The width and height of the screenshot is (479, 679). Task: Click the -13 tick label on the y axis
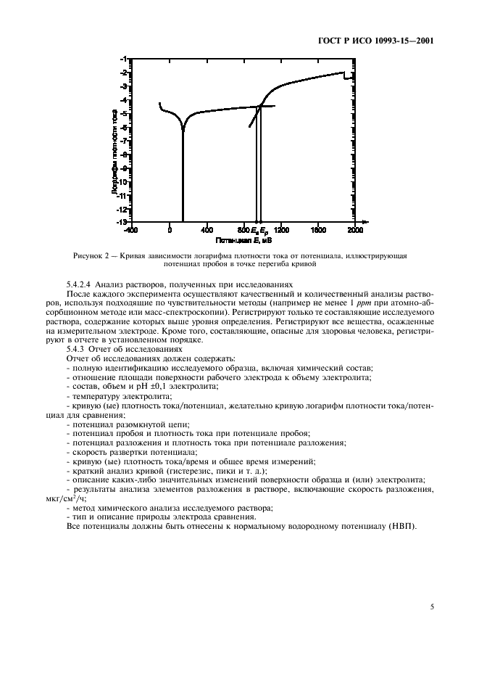[x=125, y=221]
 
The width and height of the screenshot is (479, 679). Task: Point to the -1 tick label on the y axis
[x=126, y=59]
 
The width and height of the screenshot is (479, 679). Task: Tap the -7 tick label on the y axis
[x=126, y=141]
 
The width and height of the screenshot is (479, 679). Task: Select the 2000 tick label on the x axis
[x=355, y=231]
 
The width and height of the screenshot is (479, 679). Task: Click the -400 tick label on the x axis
[x=130, y=231]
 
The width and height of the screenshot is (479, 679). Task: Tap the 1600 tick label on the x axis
[x=317, y=231]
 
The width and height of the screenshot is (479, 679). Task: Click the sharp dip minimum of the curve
[x=183, y=131]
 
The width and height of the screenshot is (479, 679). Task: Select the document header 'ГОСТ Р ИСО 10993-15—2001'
[x=381, y=41]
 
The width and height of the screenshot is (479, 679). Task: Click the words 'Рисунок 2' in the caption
[x=92, y=257]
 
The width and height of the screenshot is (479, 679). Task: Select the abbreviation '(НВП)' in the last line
[x=404, y=526]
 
